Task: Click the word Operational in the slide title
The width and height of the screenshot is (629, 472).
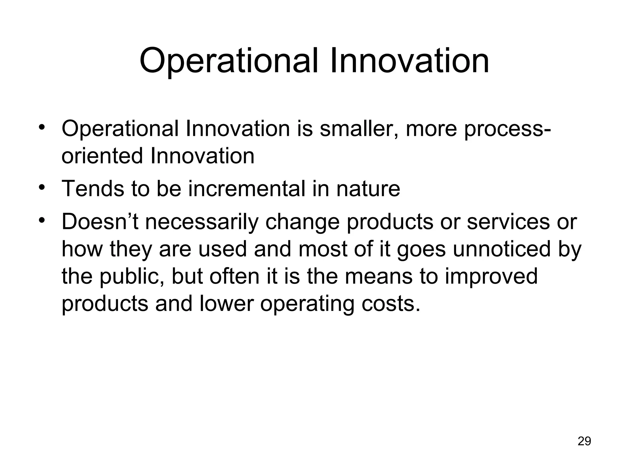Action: click(229, 61)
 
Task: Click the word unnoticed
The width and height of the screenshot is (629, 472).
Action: click(502, 249)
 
